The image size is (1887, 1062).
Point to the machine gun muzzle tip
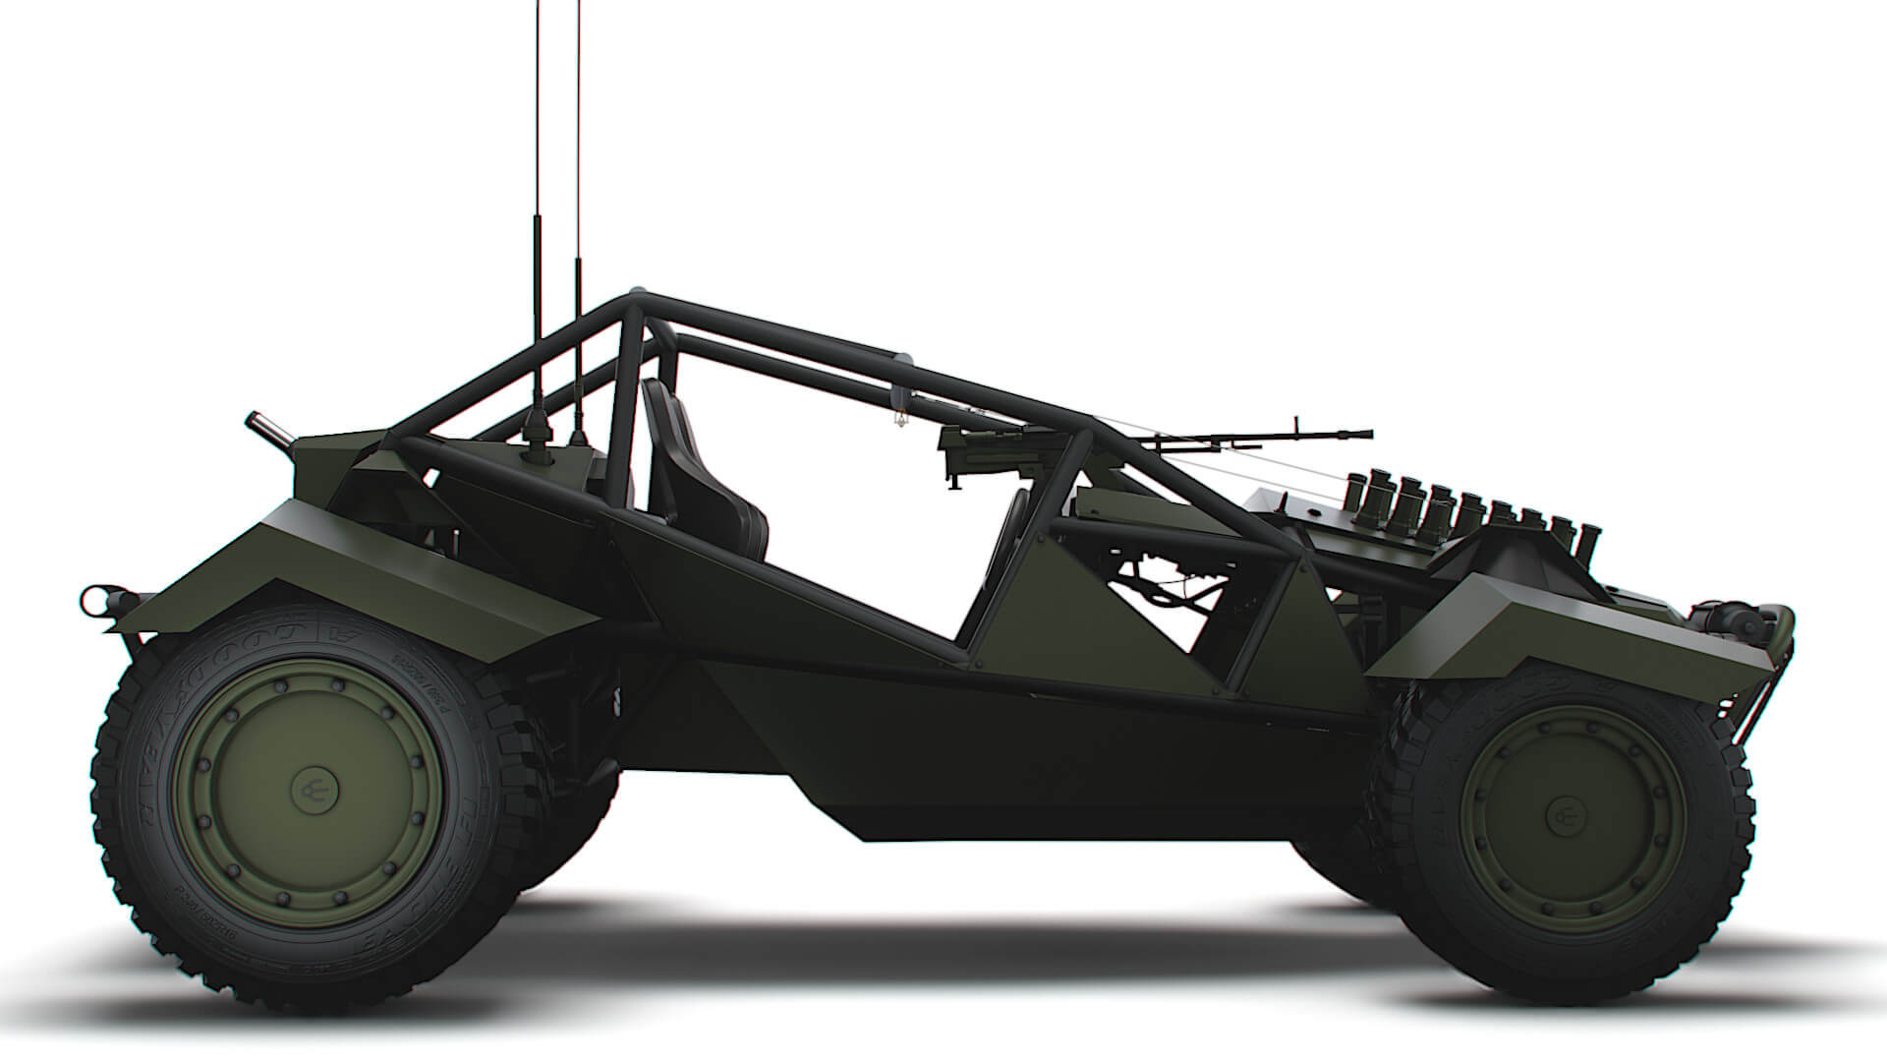(1364, 432)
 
